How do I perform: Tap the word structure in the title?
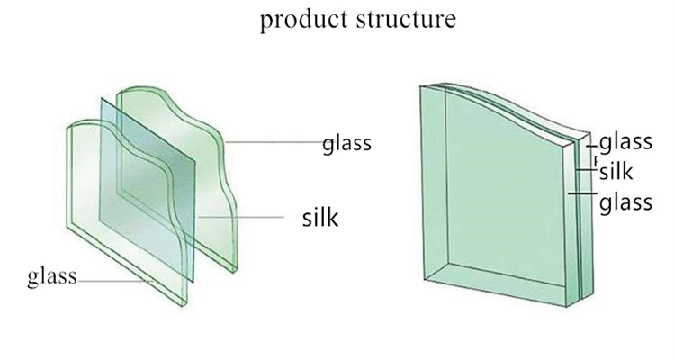(x=405, y=19)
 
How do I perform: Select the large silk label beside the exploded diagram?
(x=319, y=217)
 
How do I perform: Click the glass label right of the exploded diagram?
(x=346, y=144)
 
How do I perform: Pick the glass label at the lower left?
(x=52, y=275)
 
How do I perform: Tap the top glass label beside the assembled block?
(x=625, y=141)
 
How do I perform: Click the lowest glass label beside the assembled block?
(x=625, y=202)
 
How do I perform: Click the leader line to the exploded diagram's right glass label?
(x=274, y=142)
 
